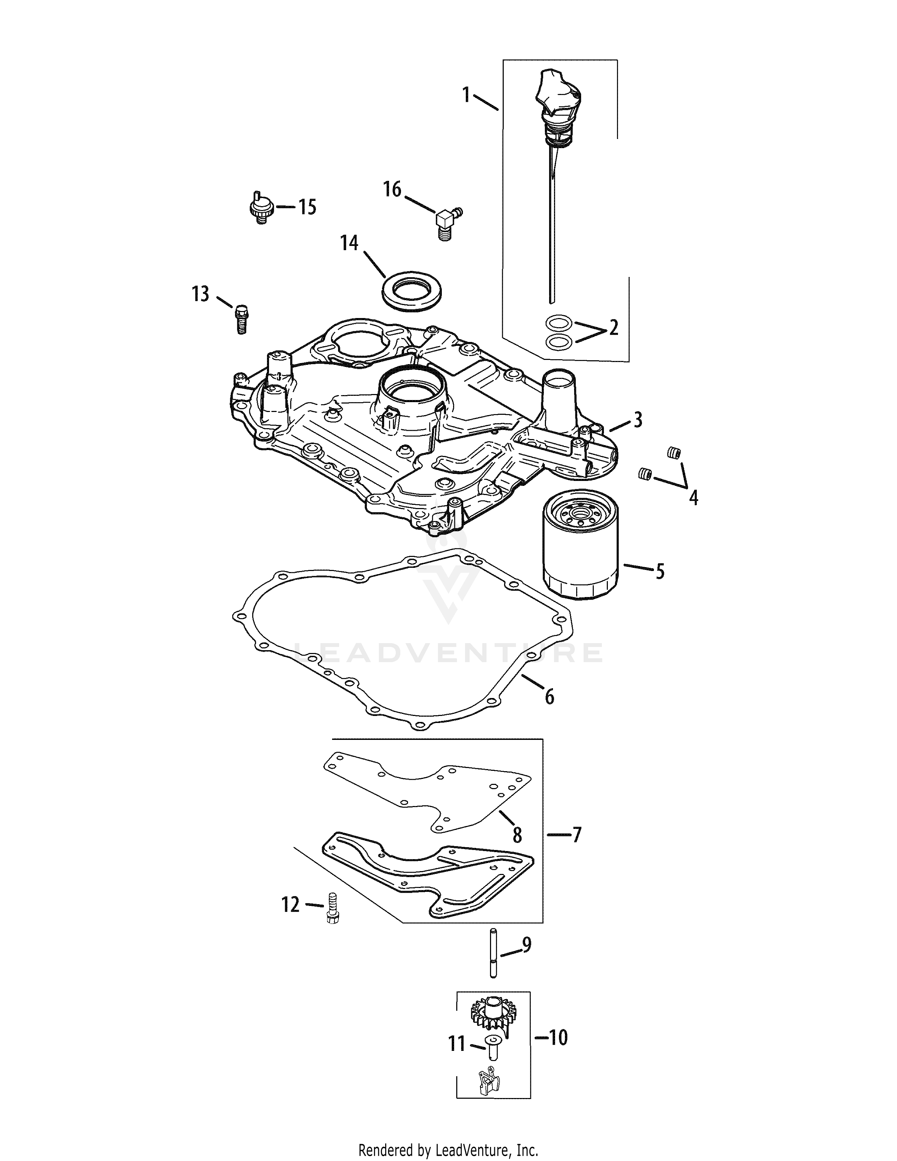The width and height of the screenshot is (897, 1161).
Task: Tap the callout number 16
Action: [x=392, y=189]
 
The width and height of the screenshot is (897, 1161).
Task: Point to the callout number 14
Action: [x=350, y=243]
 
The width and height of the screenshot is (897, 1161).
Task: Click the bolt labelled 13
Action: [x=242, y=318]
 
